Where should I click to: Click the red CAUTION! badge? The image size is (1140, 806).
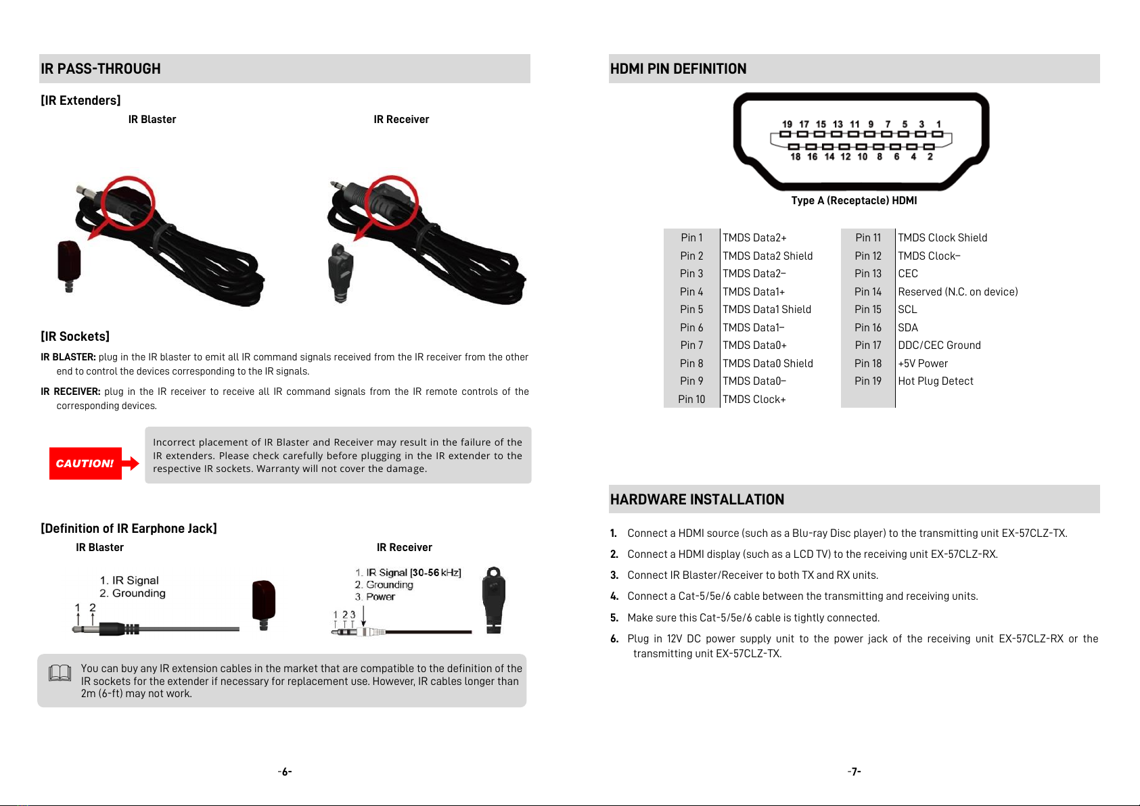[85, 463]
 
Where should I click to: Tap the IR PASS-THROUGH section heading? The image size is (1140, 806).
[101, 69]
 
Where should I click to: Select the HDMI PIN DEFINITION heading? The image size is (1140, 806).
[678, 69]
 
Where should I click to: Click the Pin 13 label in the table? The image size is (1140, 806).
[867, 274]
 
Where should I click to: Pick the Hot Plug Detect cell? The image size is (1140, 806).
[935, 381]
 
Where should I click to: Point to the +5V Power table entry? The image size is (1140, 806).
[923, 364]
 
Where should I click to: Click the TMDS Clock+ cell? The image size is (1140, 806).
[754, 400]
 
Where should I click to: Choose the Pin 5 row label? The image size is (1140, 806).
[691, 310]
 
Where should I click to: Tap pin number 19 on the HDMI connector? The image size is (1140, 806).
[787, 124]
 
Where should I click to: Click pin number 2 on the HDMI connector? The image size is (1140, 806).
[930, 157]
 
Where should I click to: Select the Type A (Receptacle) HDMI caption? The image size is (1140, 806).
[854, 201]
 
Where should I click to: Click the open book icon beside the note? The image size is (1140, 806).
[60, 673]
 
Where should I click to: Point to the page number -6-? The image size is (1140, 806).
[285, 772]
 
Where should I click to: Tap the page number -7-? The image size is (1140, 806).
[854, 772]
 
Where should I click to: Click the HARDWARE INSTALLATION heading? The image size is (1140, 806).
[697, 500]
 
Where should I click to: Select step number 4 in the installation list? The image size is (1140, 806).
[614, 596]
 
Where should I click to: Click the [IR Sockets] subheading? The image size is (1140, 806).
[75, 337]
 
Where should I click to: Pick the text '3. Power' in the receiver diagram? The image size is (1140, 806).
[375, 597]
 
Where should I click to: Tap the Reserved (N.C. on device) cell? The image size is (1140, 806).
[957, 292]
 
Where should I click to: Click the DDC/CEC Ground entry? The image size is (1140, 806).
[939, 346]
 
